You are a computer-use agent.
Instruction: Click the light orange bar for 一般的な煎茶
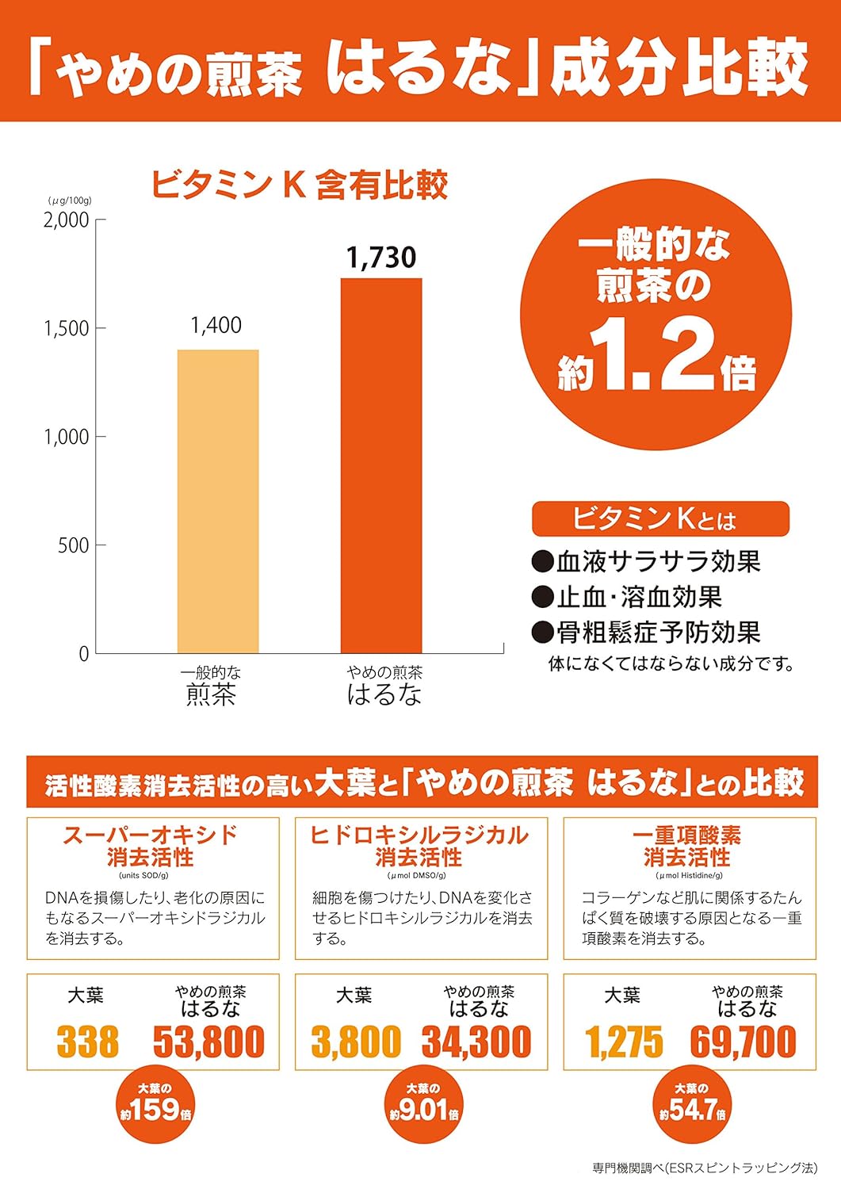[x=218, y=501]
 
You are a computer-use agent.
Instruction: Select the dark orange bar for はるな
[x=381, y=465]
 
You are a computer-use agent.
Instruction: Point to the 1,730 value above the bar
[x=381, y=258]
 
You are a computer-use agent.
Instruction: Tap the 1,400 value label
[x=216, y=325]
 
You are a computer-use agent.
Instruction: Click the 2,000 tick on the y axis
[x=67, y=220]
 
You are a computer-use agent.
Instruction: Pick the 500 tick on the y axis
[x=73, y=545]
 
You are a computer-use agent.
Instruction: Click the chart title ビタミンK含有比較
[x=300, y=185]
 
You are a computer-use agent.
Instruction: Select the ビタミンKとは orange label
[x=660, y=519]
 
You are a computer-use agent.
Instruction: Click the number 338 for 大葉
[x=87, y=1042]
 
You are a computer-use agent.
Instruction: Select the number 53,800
[x=208, y=1042]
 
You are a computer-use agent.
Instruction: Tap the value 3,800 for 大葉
[x=356, y=1042]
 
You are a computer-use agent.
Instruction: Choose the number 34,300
[x=476, y=1042]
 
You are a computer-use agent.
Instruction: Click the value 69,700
[x=744, y=1042]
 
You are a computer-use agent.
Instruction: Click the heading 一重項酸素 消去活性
[x=687, y=846]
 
